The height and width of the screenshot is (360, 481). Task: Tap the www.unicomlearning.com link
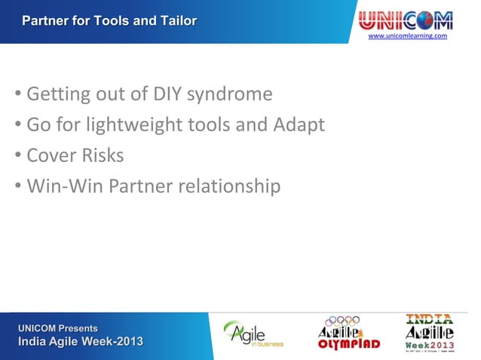[x=406, y=35]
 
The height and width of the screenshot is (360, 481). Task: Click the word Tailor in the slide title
[x=178, y=20]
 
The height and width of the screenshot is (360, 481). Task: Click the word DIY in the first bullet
[x=167, y=95]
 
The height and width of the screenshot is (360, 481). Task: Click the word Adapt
[x=299, y=126]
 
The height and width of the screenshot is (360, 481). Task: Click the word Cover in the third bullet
[x=50, y=155]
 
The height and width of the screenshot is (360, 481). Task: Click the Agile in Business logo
[x=252, y=334]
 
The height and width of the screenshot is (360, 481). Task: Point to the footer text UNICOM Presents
[x=59, y=328]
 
